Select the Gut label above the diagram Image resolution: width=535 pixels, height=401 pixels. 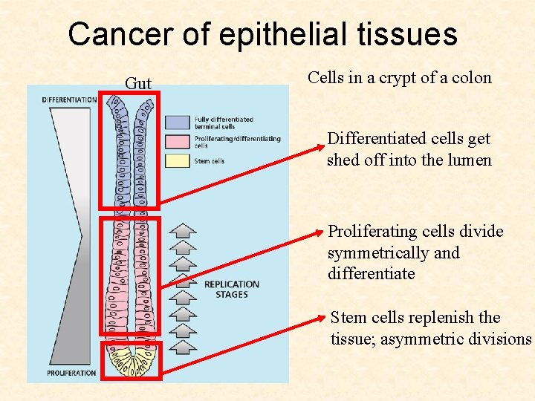click(138, 83)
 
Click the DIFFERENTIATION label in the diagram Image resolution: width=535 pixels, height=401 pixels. click(69, 100)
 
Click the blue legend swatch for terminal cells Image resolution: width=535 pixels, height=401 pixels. click(178, 121)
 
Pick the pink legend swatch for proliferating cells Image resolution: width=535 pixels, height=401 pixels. click(178, 141)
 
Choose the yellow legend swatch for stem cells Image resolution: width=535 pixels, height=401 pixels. click(178, 160)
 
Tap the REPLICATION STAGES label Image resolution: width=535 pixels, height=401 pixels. click(231, 289)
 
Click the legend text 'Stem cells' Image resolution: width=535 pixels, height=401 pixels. click(210, 161)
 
